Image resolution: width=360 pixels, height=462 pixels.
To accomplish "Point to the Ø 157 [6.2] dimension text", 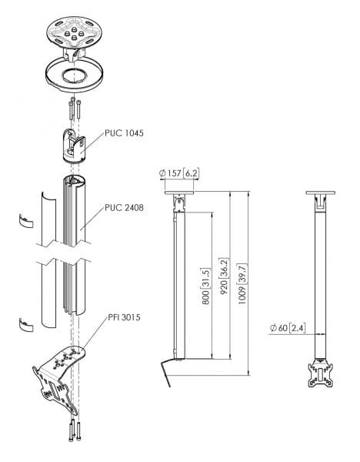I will click(178, 174).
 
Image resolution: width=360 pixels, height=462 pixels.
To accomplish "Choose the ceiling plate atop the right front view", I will click(321, 193).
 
